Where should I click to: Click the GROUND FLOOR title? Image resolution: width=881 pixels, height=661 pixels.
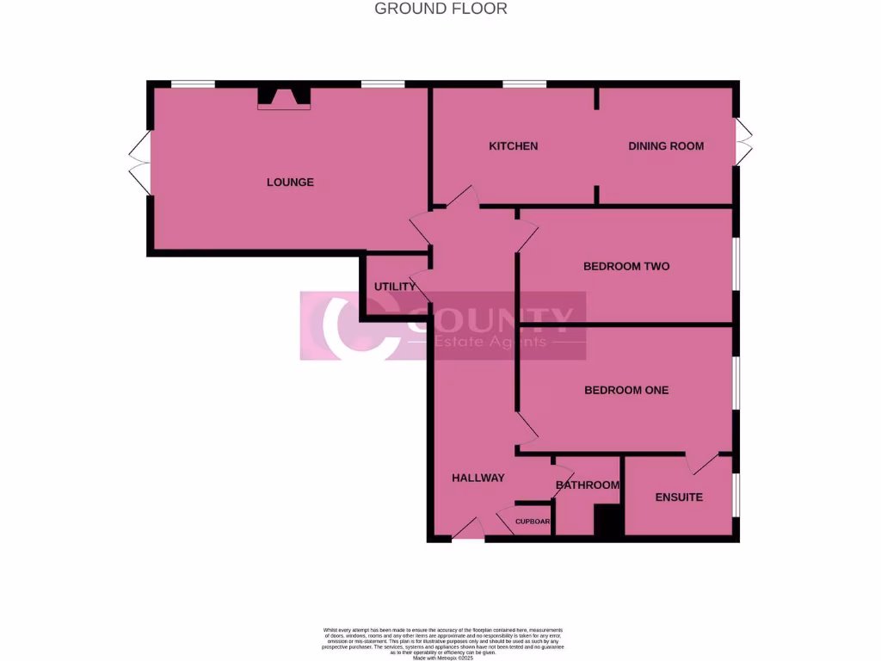pyautogui.click(x=440, y=9)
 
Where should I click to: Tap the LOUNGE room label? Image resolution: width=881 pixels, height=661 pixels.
pyautogui.click(x=290, y=182)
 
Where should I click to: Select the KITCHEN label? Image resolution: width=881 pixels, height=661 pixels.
pyautogui.click(x=513, y=146)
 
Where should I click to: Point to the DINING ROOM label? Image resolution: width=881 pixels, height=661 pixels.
pyautogui.click(x=666, y=146)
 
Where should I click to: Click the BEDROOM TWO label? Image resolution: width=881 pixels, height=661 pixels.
pyautogui.click(x=626, y=267)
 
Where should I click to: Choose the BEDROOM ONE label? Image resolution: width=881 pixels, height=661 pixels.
pyautogui.click(x=626, y=391)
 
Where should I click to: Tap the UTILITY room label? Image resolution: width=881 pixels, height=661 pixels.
pyautogui.click(x=395, y=287)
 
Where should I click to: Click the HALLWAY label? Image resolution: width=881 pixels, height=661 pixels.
pyautogui.click(x=478, y=479)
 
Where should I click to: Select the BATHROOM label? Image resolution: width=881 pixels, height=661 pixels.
pyautogui.click(x=588, y=485)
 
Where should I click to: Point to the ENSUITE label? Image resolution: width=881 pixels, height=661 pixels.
pyautogui.click(x=679, y=497)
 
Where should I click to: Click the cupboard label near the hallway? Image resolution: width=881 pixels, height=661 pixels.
pyautogui.click(x=533, y=522)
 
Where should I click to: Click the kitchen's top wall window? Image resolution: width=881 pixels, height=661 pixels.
pyautogui.click(x=524, y=84)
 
